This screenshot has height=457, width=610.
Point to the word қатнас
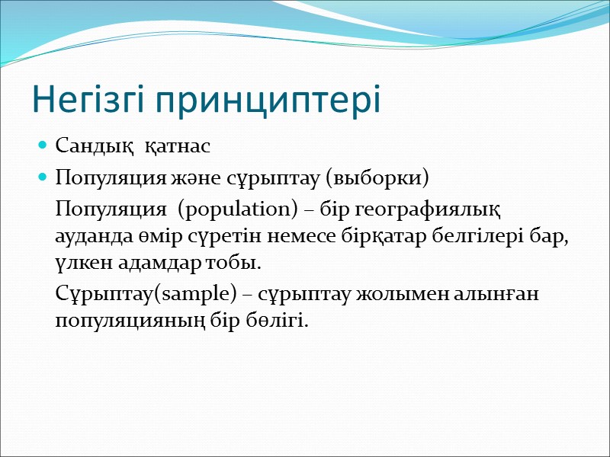tap(176, 144)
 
